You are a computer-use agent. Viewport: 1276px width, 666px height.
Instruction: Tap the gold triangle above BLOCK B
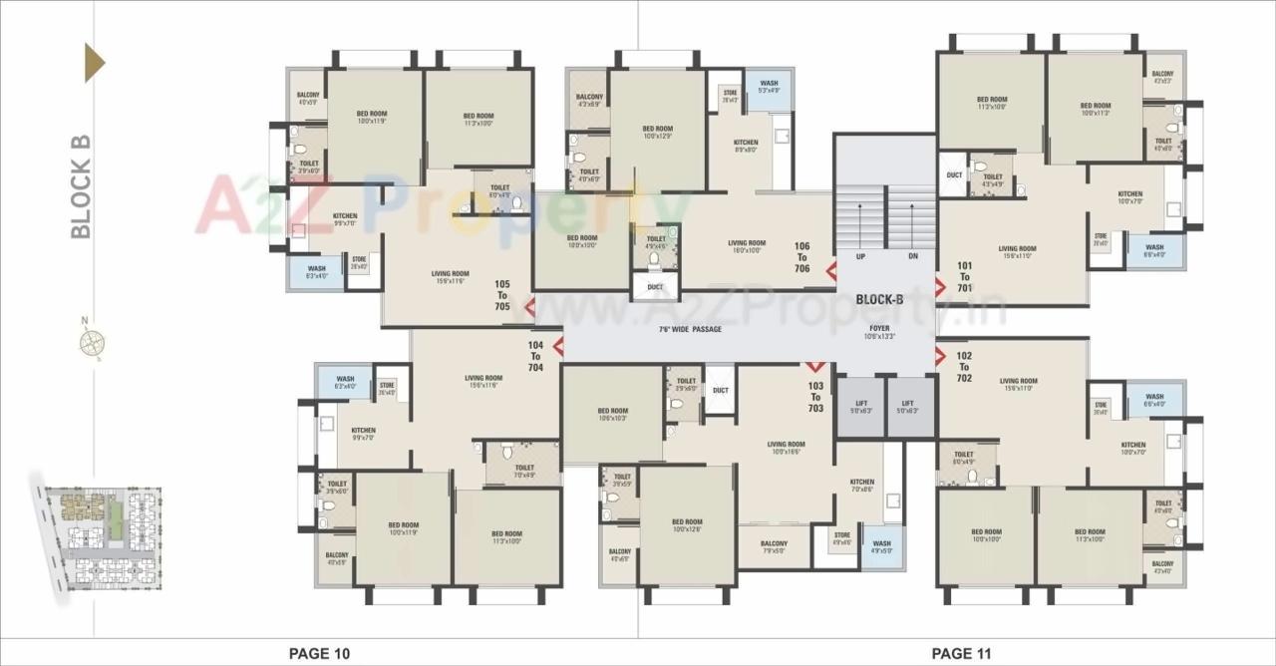[94, 63]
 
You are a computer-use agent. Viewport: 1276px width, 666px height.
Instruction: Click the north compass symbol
[93, 342]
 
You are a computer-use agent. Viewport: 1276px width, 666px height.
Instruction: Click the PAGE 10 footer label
[319, 654]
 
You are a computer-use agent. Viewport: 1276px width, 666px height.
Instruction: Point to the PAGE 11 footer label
[962, 654]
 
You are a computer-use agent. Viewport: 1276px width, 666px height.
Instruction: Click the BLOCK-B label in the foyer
[879, 299]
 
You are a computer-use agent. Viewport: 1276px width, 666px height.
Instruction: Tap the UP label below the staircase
[859, 256]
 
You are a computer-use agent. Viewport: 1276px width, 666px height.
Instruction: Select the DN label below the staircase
[912, 256]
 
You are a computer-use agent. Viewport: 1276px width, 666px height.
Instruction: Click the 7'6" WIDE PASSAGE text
[690, 329]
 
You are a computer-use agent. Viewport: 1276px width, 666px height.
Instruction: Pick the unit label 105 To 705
[502, 295]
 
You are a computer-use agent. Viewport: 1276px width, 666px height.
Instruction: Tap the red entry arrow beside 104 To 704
[558, 347]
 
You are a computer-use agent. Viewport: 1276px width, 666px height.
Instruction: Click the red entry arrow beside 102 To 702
[940, 355]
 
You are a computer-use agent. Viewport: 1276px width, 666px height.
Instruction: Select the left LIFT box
[861, 406]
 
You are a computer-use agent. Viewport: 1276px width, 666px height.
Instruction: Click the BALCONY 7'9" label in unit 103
[774, 547]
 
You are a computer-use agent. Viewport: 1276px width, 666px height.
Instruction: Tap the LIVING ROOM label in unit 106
[747, 243]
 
